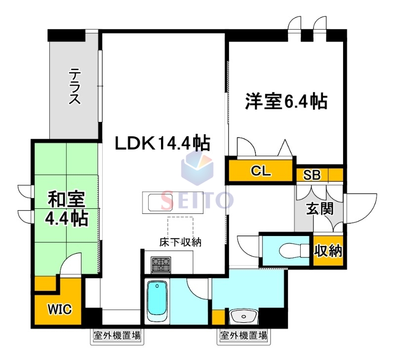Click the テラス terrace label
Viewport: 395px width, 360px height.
tap(75, 87)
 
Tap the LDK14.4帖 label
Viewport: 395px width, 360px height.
tap(162, 143)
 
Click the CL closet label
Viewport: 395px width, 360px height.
tap(261, 171)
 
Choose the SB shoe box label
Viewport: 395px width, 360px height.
tap(312, 174)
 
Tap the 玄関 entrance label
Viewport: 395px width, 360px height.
tap(319, 208)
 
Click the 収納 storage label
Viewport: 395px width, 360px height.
tap(328, 251)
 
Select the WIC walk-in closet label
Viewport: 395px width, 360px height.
tap(60, 310)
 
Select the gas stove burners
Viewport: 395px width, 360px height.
tap(160, 265)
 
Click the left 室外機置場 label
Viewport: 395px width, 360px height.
tap(117, 336)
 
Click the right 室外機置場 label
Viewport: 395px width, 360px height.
tap(243, 336)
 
